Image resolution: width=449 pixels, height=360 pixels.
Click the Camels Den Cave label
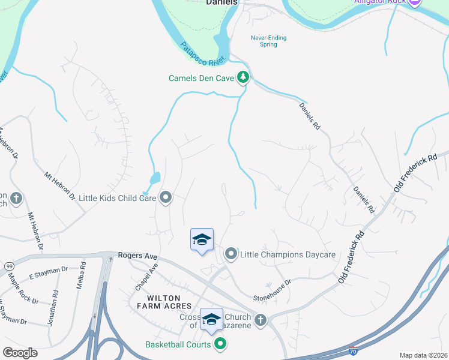click(x=202, y=78)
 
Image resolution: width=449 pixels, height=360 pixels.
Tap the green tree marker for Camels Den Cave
click(x=243, y=77)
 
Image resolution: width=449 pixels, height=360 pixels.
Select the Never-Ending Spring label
click(x=268, y=41)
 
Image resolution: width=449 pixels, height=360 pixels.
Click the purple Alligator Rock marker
click(x=414, y=2)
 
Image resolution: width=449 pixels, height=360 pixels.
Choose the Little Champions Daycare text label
click(x=288, y=255)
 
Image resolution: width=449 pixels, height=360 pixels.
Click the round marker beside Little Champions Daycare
click(x=231, y=255)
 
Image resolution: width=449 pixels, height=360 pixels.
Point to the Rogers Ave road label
click(x=137, y=256)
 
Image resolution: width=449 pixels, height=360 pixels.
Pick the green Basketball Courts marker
click(x=220, y=344)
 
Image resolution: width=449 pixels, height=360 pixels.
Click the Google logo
click(x=20, y=353)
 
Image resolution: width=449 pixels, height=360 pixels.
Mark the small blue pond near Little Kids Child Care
click(x=155, y=178)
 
